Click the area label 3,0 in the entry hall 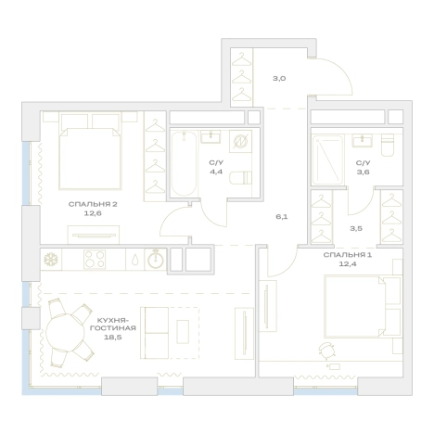279,79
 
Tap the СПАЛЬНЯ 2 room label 93,204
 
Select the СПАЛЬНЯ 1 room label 348,255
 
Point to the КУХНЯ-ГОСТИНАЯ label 113,324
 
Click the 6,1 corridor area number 282,217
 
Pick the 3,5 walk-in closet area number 356,229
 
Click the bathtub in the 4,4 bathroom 184,164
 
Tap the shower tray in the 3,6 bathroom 327,160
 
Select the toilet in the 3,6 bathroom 388,145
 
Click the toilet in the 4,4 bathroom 240,178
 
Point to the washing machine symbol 240,141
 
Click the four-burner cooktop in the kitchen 95,259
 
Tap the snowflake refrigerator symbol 51,260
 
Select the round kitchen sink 156,260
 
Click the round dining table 65,333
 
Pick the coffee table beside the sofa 183,332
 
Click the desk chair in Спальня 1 327,351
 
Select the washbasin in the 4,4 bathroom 211,136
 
